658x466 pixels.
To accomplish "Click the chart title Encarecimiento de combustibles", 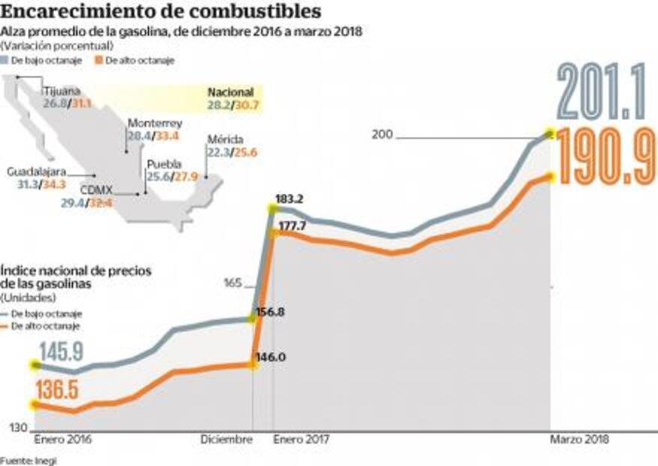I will (161, 12).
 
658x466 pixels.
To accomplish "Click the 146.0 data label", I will (270, 357).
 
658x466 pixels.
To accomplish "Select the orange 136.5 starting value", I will (57, 392).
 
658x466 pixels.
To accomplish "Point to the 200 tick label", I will (382, 135).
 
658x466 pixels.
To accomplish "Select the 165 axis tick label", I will (232, 283).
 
